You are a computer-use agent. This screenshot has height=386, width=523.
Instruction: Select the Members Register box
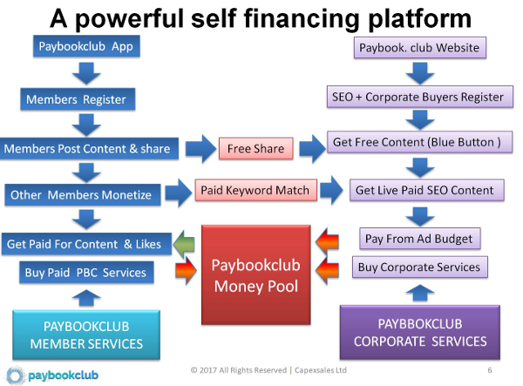tap(75, 100)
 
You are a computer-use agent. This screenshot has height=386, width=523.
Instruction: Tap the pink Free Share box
tap(255, 149)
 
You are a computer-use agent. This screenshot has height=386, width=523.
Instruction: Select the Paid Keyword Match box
tap(255, 189)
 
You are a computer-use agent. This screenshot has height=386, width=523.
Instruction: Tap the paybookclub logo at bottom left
tap(49, 373)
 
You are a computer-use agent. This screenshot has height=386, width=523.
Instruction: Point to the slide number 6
tap(490, 371)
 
